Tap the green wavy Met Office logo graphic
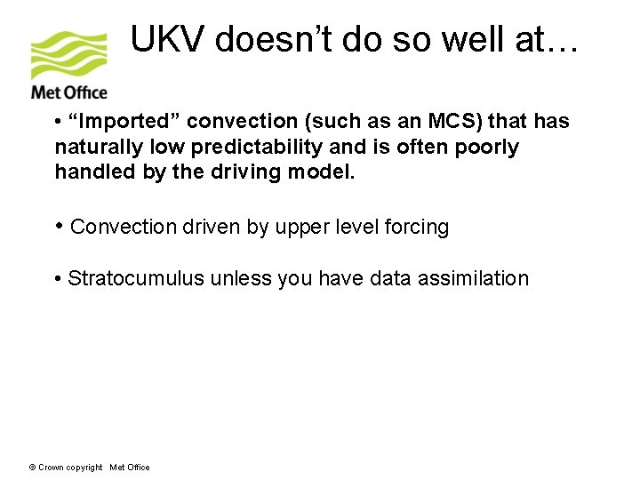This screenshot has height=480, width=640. pos(68,55)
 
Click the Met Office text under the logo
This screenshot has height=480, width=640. pos(68,92)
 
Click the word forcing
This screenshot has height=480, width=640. pos(417,227)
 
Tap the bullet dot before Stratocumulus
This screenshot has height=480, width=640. pos(58,279)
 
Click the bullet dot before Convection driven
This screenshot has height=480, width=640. pos(59,226)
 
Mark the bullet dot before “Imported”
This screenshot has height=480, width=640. pos(58,122)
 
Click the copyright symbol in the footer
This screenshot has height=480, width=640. pos(32,468)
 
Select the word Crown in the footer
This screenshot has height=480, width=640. pos(50,468)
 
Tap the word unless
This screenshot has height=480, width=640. pos(242,278)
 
